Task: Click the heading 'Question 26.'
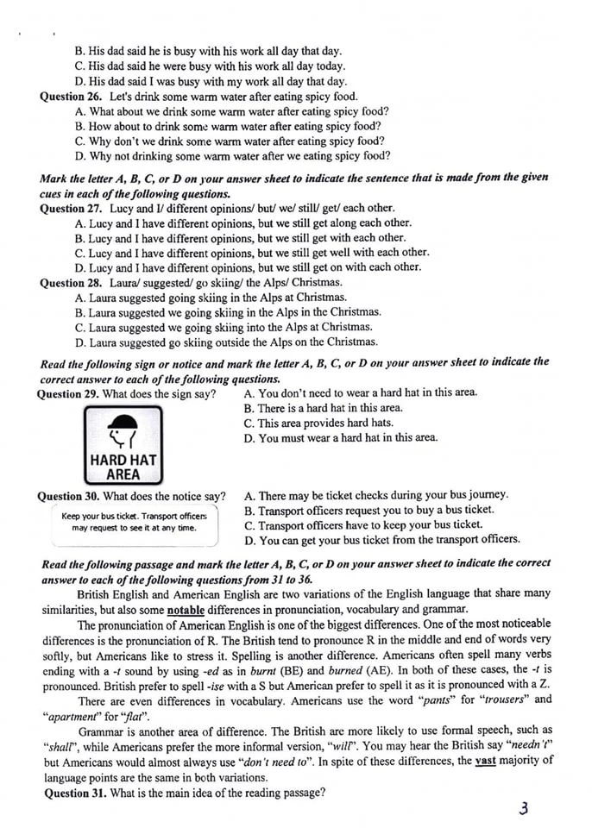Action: click(x=72, y=97)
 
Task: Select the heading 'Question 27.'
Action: click(x=72, y=208)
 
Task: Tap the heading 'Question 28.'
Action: click(x=72, y=282)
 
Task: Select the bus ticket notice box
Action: click(x=134, y=523)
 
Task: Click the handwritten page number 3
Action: click(x=523, y=808)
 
